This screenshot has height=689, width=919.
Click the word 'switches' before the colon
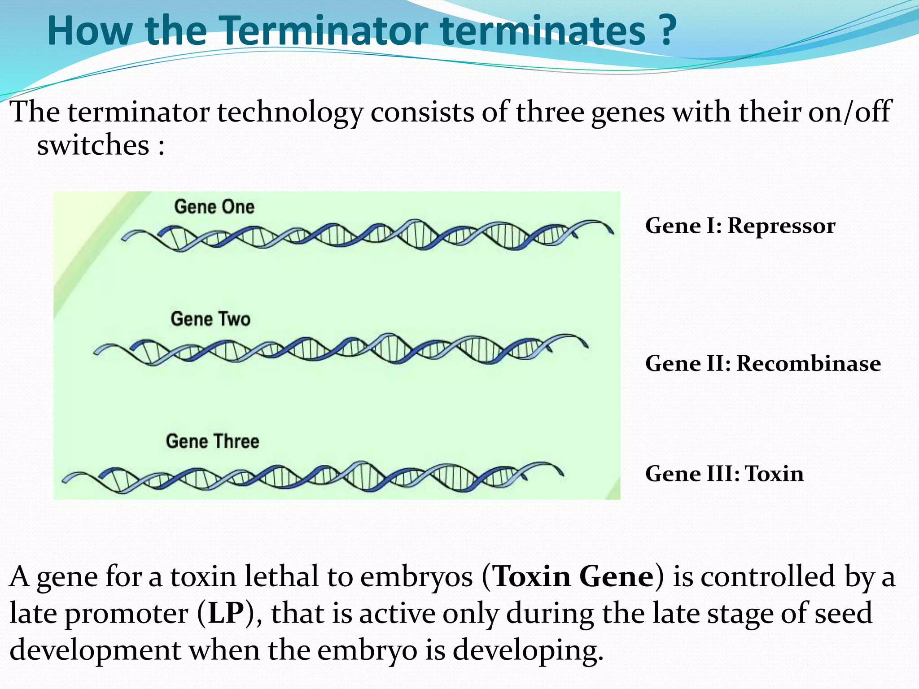(x=93, y=145)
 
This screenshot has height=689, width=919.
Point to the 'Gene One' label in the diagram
(x=214, y=207)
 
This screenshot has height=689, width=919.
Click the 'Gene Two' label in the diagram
(x=210, y=319)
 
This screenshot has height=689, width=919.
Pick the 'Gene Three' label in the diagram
(x=212, y=441)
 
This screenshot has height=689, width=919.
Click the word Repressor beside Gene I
(x=781, y=226)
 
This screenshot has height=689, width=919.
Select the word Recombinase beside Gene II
(x=809, y=363)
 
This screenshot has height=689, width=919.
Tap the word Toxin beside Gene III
(x=774, y=474)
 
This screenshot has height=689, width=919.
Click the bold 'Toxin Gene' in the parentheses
(x=573, y=576)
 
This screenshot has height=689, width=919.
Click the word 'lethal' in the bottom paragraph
(x=281, y=576)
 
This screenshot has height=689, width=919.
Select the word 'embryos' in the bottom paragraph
(x=416, y=576)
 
